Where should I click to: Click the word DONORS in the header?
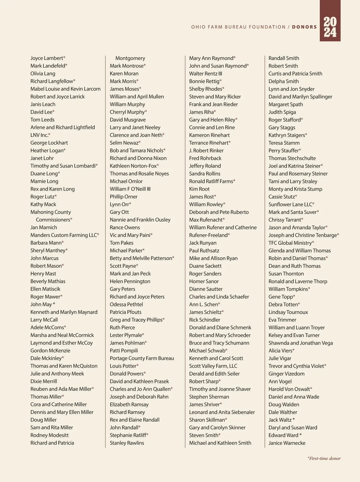click(304, 27)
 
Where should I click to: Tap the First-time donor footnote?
click(324, 458)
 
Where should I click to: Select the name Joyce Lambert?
click(47, 58)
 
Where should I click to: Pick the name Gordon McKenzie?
click(50, 351)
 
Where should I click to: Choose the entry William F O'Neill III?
click(130, 189)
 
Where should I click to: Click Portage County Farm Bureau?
click(142, 358)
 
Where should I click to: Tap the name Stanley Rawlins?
click(127, 443)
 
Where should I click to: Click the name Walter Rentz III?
click(205, 74)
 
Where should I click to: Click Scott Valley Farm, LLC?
click(213, 366)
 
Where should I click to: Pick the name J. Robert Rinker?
click(206, 151)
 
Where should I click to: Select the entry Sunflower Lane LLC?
click(290, 204)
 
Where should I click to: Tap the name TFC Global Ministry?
click(290, 243)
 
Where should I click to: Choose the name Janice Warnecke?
click(287, 443)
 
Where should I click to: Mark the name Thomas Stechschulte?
click(292, 158)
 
